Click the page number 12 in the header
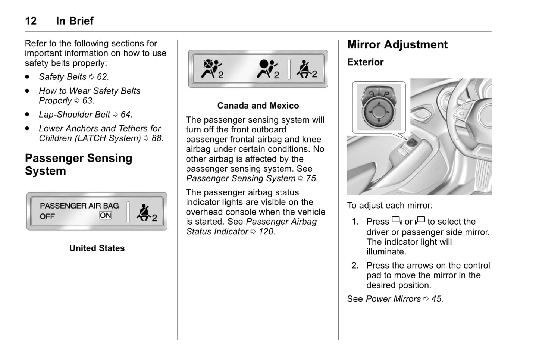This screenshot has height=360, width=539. [x=31, y=21]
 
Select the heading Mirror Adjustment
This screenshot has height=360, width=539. [x=397, y=45]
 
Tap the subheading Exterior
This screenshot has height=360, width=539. [x=365, y=62]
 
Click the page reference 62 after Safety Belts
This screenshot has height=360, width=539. [x=102, y=77]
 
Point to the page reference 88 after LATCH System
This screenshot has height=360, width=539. [x=156, y=138]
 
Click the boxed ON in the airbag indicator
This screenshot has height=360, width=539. [x=105, y=216]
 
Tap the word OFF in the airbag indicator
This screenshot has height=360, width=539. [x=47, y=217]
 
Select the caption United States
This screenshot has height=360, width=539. [x=97, y=248]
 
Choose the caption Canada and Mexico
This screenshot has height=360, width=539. [x=258, y=106]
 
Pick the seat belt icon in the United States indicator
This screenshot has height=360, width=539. [x=146, y=213]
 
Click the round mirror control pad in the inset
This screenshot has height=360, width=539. [x=379, y=111]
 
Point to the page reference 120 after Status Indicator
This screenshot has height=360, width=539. [x=266, y=232]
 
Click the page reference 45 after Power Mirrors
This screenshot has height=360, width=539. [x=436, y=299]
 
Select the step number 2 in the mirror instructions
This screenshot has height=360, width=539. [x=355, y=266]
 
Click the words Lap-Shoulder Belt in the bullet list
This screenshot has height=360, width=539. [x=74, y=115]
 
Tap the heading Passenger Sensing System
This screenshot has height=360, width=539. [x=78, y=165]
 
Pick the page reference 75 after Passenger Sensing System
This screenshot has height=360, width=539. [x=311, y=179]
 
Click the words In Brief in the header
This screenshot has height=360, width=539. [x=75, y=21]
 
